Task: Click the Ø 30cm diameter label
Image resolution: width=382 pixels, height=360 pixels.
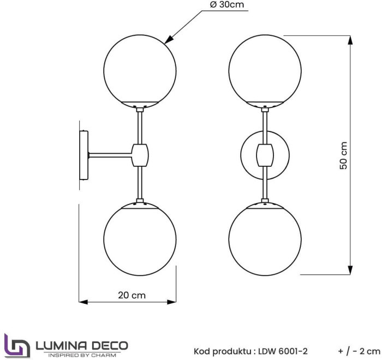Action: [x=225, y=6]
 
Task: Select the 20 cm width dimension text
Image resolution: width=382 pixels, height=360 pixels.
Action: [x=132, y=295]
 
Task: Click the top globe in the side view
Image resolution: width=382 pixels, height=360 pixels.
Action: [x=141, y=68]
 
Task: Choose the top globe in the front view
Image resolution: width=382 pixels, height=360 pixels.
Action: [x=265, y=68]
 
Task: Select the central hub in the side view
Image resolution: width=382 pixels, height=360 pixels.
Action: [x=140, y=154]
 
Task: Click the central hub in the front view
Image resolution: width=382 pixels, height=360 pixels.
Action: [x=265, y=154]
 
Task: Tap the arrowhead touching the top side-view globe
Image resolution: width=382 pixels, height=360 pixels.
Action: [x=170, y=39]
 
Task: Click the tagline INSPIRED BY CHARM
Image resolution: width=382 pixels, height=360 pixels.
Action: [x=82, y=355]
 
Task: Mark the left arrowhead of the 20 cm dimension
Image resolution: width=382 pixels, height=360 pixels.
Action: [x=83, y=302]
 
